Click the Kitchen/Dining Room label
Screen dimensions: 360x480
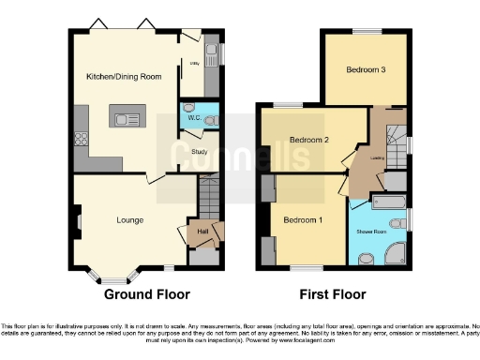(x=123, y=76)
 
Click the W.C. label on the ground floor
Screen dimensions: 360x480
(x=192, y=118)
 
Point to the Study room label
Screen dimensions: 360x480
(x=198, y=151)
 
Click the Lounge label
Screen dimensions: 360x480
(x=129, y=220)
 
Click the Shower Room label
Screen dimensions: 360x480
(x=372, y=230)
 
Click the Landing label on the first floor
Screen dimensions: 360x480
(x=379, y=157)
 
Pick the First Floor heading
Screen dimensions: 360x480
(x=332, y=294)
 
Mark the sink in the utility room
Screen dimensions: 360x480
(x=210, y=52)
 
